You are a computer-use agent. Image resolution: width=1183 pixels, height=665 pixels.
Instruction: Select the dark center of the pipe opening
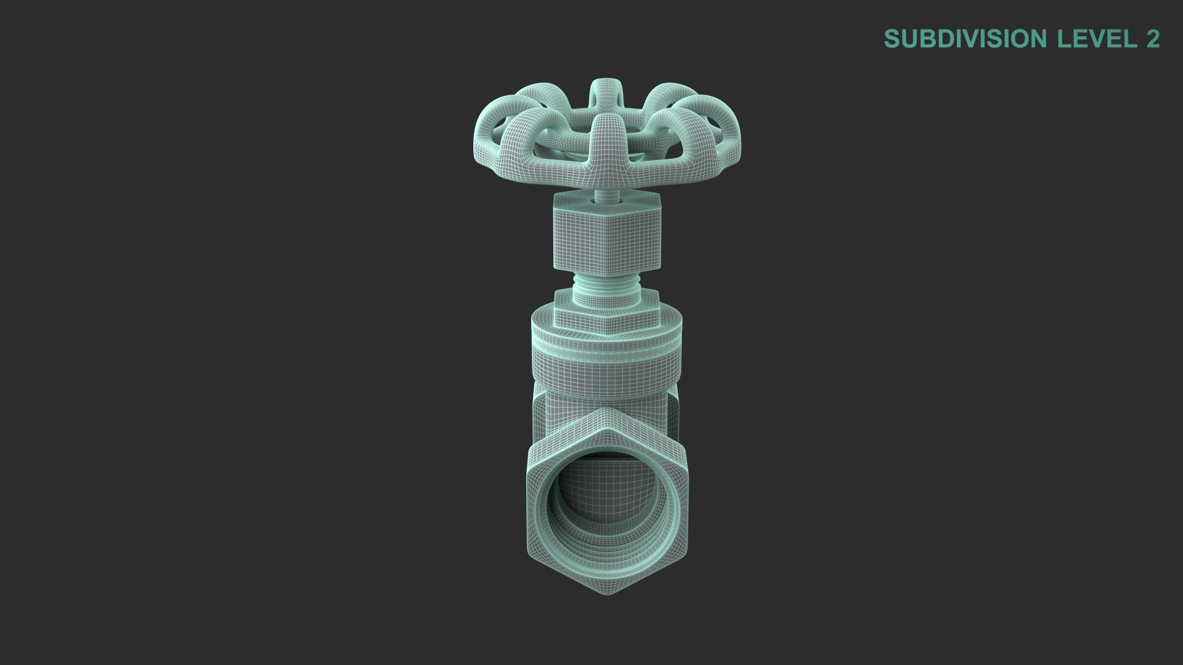coord(607,486)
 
